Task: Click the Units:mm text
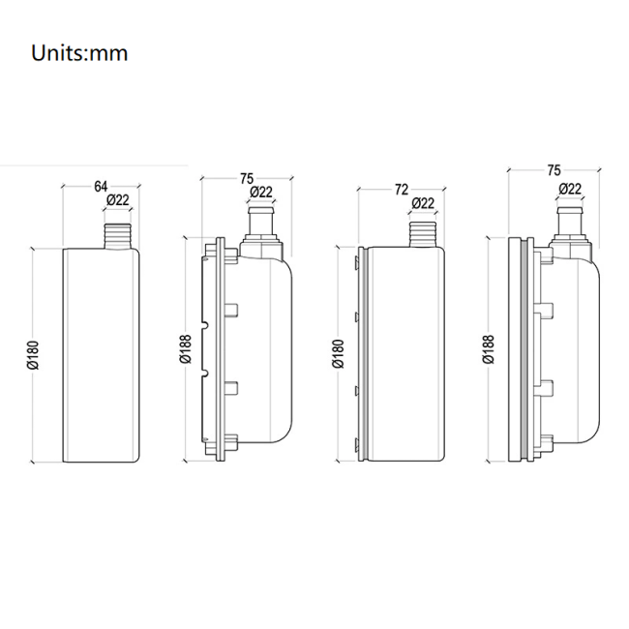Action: pos(79,52)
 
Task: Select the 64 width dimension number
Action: pos(100,186)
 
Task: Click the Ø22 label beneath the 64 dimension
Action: pos(118,201)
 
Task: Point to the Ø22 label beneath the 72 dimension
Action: pos(423,203)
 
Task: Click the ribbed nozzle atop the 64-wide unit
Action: pos(118,233)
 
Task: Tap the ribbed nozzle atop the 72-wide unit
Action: pos(423,233)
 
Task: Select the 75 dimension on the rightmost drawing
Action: pos(553,170)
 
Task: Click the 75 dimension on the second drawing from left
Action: pos(246,178)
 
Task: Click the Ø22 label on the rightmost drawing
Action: pos(570,189)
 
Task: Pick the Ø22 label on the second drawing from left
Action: pos(261,194)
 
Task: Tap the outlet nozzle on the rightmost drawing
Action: pos(570,225)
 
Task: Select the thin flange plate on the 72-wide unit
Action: pos(362,353)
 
